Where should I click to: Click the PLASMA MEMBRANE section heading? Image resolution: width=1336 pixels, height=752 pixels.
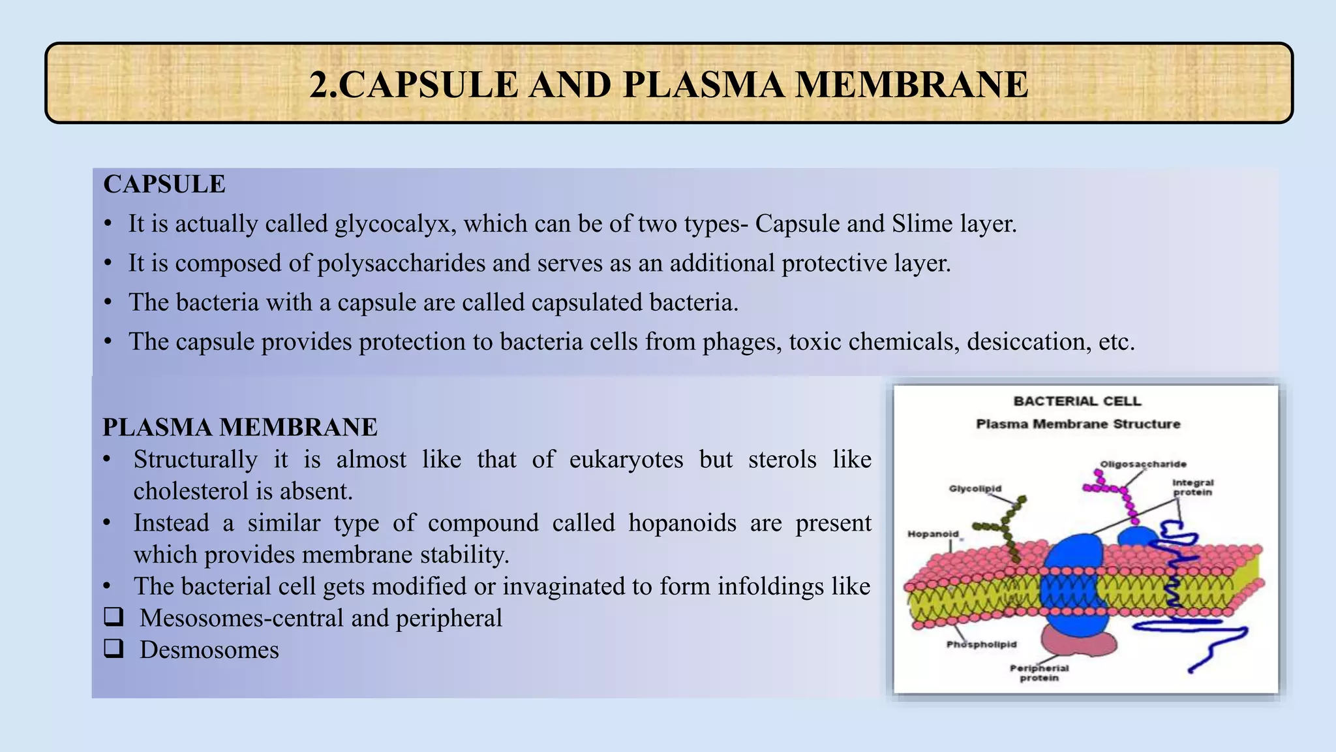point(240,428)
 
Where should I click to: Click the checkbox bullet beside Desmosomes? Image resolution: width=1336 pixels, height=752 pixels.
point(114,648)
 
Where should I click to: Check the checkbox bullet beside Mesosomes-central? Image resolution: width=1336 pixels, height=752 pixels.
point(114,616)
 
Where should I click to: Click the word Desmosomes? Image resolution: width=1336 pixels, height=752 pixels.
point(209,650)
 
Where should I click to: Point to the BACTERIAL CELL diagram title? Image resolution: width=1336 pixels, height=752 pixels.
point(1077,401)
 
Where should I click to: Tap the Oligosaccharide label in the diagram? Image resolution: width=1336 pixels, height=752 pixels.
point(1143,464)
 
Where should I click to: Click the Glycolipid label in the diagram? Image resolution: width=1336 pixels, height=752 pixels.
point(975,488)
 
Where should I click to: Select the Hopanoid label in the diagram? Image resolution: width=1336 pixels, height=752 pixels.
point(933,534)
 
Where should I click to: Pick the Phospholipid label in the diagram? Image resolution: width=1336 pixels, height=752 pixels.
point(981,644)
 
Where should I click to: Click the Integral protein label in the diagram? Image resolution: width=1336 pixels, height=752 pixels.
point(1192,488)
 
